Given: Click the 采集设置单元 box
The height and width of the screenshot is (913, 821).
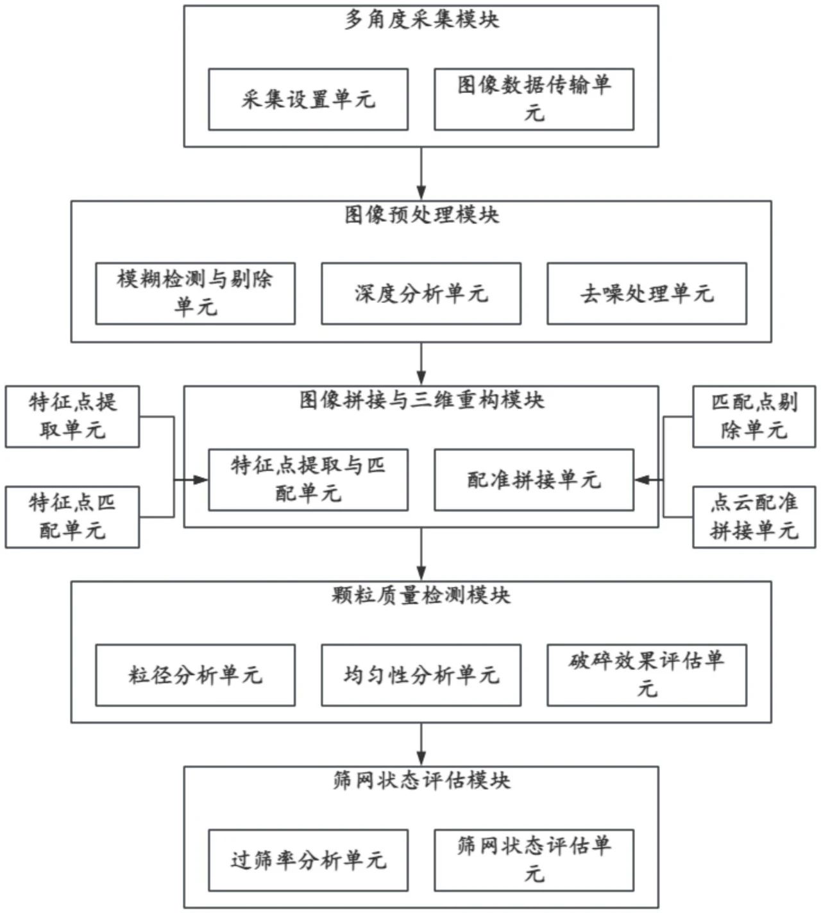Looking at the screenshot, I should pos(308,99).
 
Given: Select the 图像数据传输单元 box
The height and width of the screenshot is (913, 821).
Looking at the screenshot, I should pos(534,99).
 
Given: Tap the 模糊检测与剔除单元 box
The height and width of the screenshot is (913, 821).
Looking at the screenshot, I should pos(195,293).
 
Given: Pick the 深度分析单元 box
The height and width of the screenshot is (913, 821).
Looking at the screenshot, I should pos(421,293).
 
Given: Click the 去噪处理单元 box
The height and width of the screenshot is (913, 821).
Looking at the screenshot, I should pos(647,293).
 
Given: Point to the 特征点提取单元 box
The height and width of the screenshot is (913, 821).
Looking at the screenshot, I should pos(72,416).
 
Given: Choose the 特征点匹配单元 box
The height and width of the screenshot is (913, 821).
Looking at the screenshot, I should pos(72,517).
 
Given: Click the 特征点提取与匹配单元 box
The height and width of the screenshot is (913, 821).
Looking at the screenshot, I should pos(308,480).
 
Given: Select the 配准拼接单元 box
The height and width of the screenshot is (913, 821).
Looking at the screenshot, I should pos(534,480).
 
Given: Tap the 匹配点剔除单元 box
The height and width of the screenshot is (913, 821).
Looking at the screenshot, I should pos(754,416).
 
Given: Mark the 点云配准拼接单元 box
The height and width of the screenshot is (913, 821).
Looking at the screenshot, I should pos(754,517).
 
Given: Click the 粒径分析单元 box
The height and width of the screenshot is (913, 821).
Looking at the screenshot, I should pos(195,675).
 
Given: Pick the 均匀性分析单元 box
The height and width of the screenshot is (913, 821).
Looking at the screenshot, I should pos(421,675).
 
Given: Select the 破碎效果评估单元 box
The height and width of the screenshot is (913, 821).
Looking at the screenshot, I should pos(647,675).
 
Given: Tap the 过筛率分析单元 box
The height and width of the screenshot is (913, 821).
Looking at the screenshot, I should pos(308,860).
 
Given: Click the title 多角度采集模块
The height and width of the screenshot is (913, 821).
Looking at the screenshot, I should pos(421,20).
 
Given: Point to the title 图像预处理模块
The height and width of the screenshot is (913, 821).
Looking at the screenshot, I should pos(421,215).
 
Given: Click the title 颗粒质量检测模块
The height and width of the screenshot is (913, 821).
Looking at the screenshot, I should pos(421,595).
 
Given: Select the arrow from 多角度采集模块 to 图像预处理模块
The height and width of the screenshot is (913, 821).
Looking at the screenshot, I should pos(421,173).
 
